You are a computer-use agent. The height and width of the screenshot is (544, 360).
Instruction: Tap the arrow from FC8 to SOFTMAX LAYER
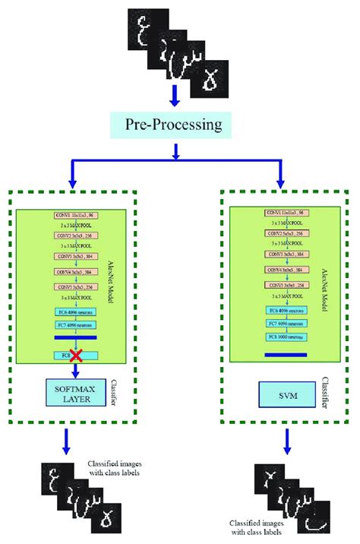(x=75, y=371)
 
